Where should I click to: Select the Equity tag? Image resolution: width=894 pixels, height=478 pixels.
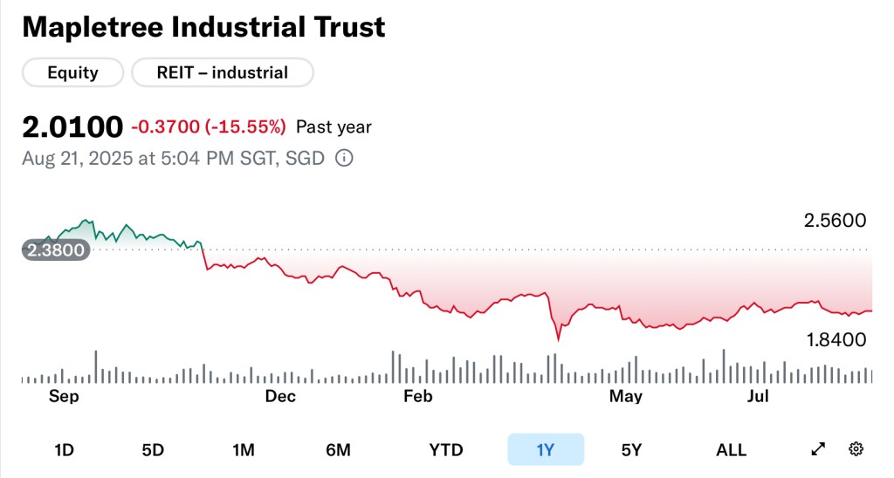coord(72,73)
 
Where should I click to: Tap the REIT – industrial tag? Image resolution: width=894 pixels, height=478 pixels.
coord(222,73)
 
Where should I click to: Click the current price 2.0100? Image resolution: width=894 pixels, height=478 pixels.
coord(72,127)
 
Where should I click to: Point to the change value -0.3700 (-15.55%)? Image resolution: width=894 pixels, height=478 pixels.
coord(209,127)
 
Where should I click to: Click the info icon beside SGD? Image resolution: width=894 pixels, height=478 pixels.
coord(344,159)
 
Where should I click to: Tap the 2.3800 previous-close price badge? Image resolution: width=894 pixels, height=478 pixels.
coord(55,250)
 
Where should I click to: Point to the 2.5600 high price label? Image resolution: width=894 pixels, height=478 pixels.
coord(835,221)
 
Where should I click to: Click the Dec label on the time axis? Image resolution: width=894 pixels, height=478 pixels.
coord(280,397)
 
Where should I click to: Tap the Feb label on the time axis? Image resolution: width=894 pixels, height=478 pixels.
coord(417,397)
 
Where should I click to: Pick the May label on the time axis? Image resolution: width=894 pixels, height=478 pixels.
coord(626,397)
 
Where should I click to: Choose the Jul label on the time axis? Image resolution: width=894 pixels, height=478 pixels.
coord(758,397)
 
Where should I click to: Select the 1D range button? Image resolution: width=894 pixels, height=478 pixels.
coord(64,450)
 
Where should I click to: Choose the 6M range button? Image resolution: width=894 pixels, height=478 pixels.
coord(338,450)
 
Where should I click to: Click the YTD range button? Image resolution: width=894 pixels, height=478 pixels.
coord(445,450)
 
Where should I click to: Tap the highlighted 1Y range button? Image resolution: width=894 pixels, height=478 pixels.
coord(546,450)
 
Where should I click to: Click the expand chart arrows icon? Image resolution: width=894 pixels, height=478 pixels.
coord(818,449)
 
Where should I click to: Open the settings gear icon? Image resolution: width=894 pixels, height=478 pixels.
coord(856,449)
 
